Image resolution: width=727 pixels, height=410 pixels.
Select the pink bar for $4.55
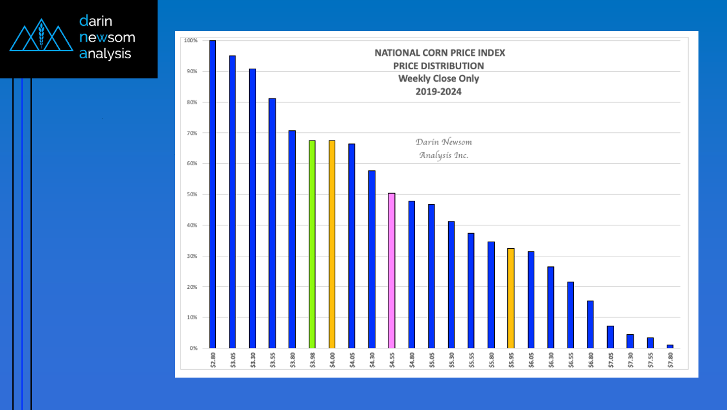[x=392, y=271]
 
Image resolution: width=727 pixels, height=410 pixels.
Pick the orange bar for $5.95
[x=511, y=298]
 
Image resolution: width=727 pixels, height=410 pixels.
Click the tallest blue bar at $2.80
[x=212, y=194]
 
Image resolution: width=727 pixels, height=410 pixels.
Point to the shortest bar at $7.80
[x=670, y=347]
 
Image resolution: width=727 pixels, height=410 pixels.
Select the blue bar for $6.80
[x=590, y=325]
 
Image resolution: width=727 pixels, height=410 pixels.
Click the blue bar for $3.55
[x=272, y=223]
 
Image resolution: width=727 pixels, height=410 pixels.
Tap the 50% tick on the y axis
[x=193, y=194]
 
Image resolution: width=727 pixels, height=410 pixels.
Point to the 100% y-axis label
[x=191, y=41]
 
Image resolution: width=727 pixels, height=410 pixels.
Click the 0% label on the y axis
[x=194, y=348]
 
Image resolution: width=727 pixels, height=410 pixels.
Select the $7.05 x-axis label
[x=610, y=361]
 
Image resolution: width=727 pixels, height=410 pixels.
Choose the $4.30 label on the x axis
[x=372, y=361]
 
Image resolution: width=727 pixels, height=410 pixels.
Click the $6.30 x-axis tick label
[x=551, y=361]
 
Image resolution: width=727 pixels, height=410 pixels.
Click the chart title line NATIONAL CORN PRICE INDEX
[x=440, y=52]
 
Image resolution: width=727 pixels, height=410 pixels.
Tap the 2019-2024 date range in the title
[x=439, y=92]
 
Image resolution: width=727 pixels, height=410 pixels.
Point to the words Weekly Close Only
[x=439, y=79]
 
